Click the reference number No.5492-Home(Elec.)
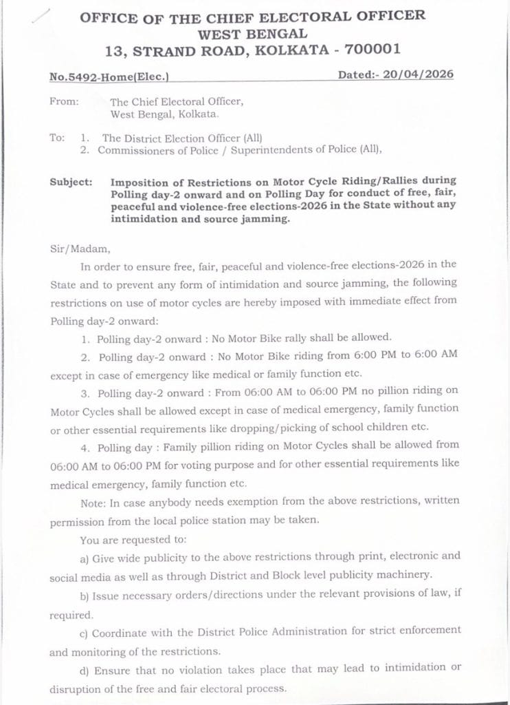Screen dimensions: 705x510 point(109,77)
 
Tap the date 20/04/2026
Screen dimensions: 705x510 point(419,74)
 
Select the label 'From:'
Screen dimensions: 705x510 point(64,101)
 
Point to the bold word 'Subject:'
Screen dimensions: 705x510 point(71,182)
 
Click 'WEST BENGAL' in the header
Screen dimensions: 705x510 point(252,33)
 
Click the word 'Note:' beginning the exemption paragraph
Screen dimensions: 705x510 point(93,501)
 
